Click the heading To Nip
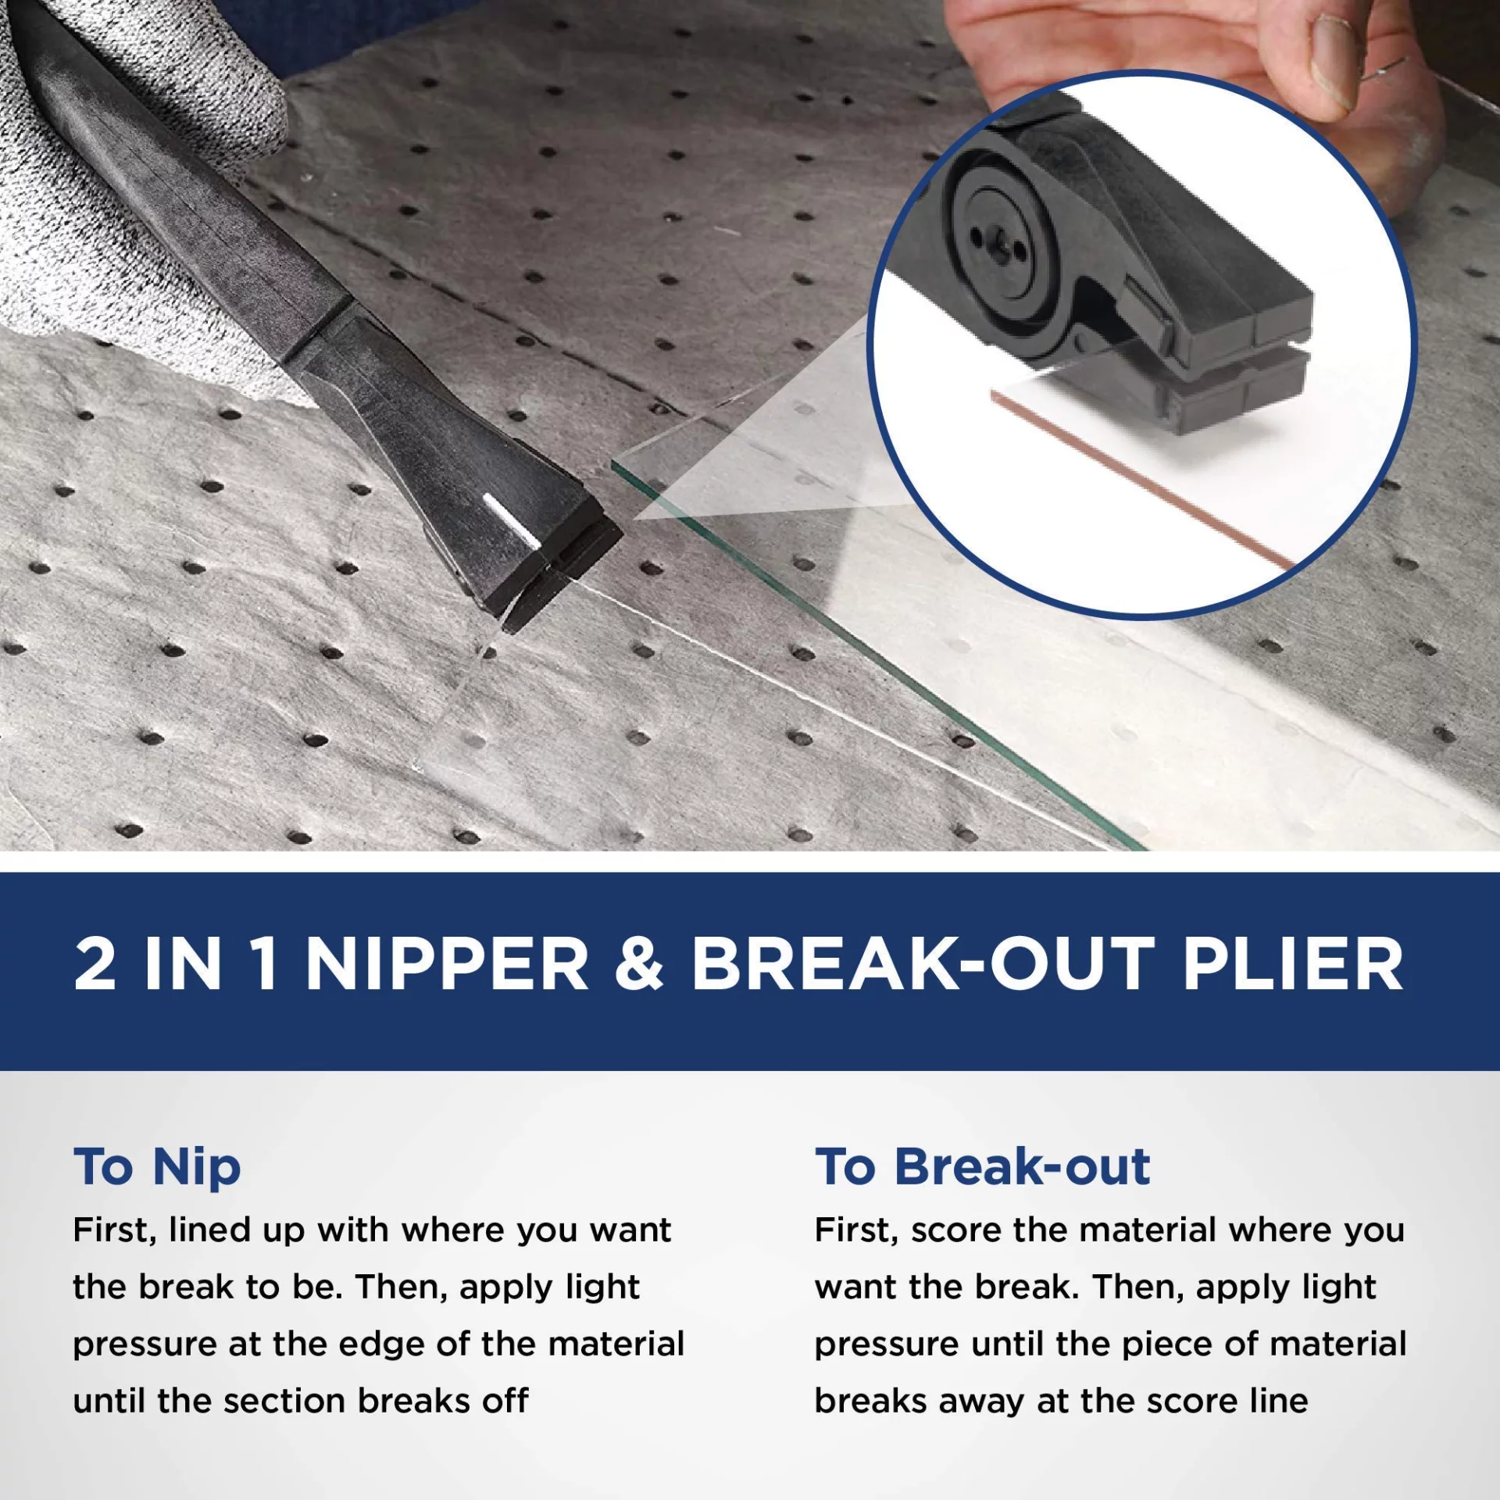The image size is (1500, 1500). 157,1168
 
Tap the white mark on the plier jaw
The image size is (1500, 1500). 511,520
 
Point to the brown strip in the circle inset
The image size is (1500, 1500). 1141,478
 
